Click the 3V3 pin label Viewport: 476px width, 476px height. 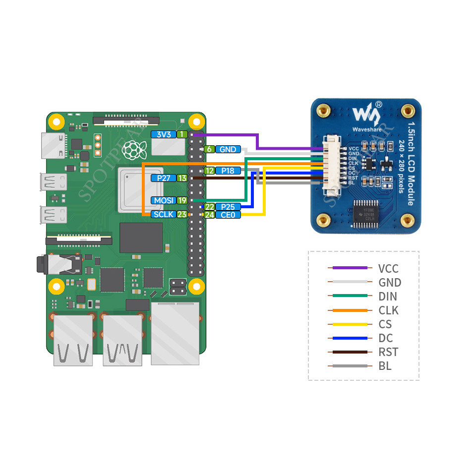click(x=163, y=134)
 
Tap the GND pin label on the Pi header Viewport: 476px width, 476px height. click(x=228, y=149)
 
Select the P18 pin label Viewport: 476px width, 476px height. click(x=228, y=171)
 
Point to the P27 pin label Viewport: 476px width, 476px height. click(x=163, y=178)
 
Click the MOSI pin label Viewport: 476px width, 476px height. click(x=163, y=200)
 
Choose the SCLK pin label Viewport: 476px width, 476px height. click(x=163, y=214)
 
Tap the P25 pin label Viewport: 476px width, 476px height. click(x=228, y=207)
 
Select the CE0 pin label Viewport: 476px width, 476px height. click(x=228, y=215)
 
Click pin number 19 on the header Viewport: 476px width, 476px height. click(x=182, y=200)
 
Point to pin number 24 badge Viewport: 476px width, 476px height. click(x=209, y=215)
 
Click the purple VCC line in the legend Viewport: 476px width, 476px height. click(x=350, y=268)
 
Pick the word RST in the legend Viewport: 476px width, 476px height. click(x=388, y=352)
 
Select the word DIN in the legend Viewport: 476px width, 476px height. click(x=388, y=297)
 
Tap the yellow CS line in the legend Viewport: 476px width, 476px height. click(x=350, y=324)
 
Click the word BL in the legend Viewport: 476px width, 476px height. click(x=385, y=366)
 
